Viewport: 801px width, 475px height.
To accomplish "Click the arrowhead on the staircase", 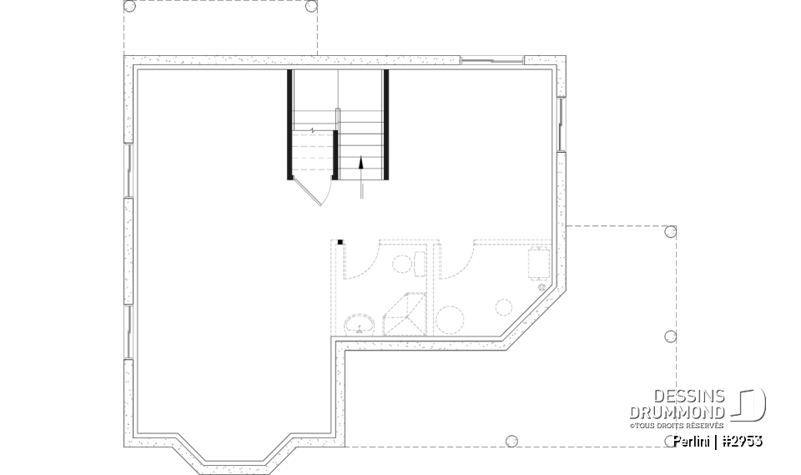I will [361, 163].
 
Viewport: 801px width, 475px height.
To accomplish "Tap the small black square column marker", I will [340, 242].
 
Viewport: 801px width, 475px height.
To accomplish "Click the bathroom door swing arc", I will [360, 261].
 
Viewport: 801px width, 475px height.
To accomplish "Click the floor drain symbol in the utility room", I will [542, 287].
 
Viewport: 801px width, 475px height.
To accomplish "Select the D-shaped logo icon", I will [750, 405].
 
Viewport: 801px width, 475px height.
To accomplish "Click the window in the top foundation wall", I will [493, 59].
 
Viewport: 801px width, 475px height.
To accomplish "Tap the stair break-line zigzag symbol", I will [312, 130].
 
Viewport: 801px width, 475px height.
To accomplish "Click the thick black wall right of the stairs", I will [387, 125].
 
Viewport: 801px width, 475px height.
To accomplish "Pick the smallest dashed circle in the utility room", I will [503, 305].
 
